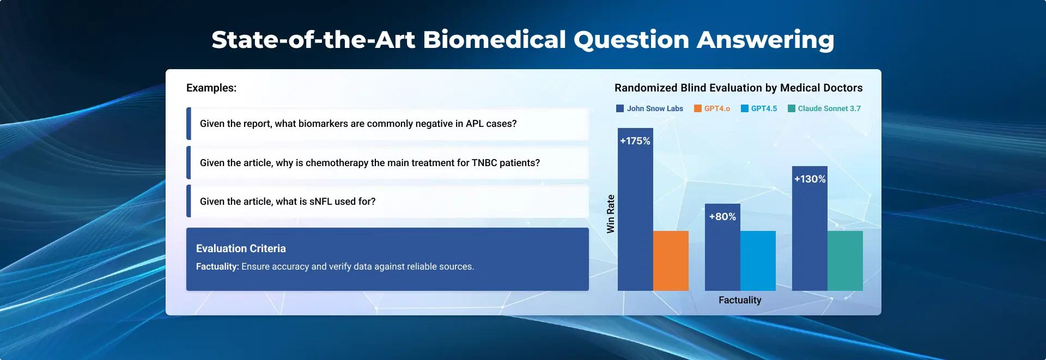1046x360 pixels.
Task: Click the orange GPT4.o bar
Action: pyautogui.click(x=671, y=261)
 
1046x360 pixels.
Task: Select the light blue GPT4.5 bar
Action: pyautogui.click(x=758, y=261)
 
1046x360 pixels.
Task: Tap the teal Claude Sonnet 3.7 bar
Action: pyautogui.click(x=845, y=261)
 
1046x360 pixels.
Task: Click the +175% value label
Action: pyautogui.click(x=635, y=141)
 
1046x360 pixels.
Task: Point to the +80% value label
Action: pyautogui.click(x=722, y=217)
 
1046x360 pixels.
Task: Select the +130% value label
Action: pyautogui.click(x=810, y=179)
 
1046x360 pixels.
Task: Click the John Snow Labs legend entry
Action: pyautogui.click(x=649, y=108)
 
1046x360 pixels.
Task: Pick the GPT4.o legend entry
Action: pyautogui.click(x=712, y=108)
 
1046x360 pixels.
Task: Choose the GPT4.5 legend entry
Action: pyautogui.click(x=759, y=108)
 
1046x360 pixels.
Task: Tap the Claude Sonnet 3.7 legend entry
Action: pyautogui.click(x=824, y=108)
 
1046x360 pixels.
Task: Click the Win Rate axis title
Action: pyautogui.click(x=611, y=214)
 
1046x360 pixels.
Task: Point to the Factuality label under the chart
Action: pyautogui.click(x=740, y=300)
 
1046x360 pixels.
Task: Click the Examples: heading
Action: pyautogui.click(x=211, y=88)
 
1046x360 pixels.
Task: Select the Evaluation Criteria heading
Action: pyautogui.click(x=241, y=248)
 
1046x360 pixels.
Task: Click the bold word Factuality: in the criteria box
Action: pyautogui.click(x=217, y=266)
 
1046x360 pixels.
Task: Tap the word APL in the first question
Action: pyautogui.click(x=475, y=124)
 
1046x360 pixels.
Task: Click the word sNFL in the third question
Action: pyautogui.click(x=320, y=202)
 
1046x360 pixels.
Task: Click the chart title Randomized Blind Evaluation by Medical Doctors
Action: pyautogui.click(x=739, y=88)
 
